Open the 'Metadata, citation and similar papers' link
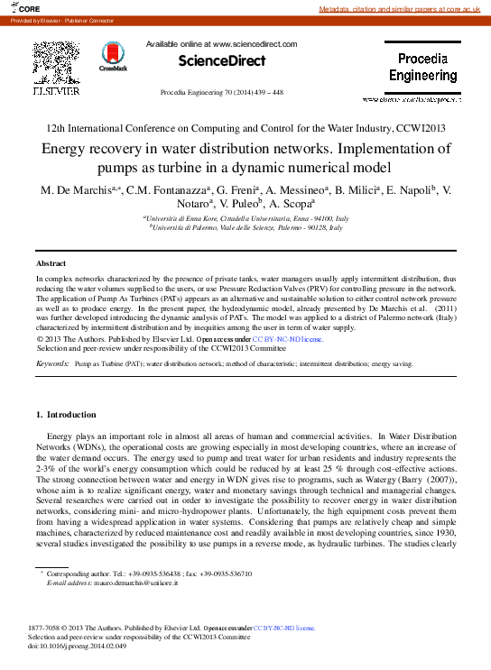tap(402, 9)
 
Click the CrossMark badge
tap(114, 55)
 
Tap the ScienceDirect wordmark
tap(221, 61)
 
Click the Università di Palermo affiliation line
tap(245, 229)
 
